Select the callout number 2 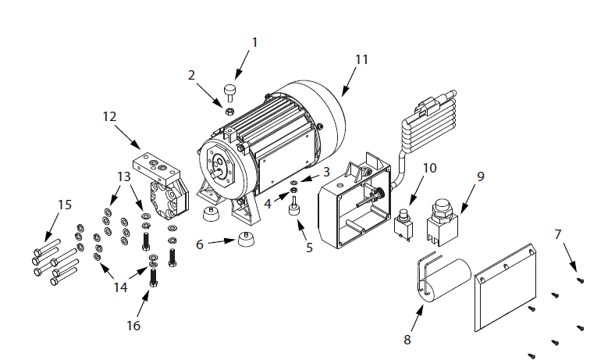[x=191, y=75]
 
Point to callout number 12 [x=109, y=116]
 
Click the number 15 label [x=64, y=205]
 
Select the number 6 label [x=200, y=244]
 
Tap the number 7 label [x=557, y=233]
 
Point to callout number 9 [x=481, y=176]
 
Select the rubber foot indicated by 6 [x=244, y=240]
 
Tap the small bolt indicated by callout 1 [x=231, y=91]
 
